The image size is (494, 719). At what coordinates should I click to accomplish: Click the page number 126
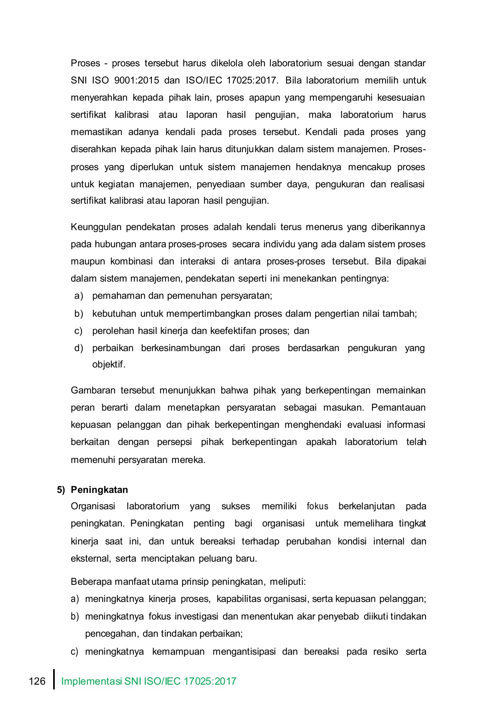point(37,681)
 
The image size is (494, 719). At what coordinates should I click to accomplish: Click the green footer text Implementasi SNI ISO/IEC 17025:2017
point(149,681)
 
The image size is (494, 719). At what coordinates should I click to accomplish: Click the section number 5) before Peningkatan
point(61,490)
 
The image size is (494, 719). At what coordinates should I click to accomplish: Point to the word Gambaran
point(93,390)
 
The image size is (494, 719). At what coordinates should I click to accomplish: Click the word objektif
point(108,365)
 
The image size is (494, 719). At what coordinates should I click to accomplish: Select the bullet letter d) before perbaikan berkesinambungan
point(79,348)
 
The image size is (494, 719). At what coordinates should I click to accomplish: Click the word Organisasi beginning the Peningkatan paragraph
point(93,506)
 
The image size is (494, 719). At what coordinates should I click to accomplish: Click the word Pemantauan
point(398,407)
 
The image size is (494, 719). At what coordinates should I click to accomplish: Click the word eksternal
point(90,558)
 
